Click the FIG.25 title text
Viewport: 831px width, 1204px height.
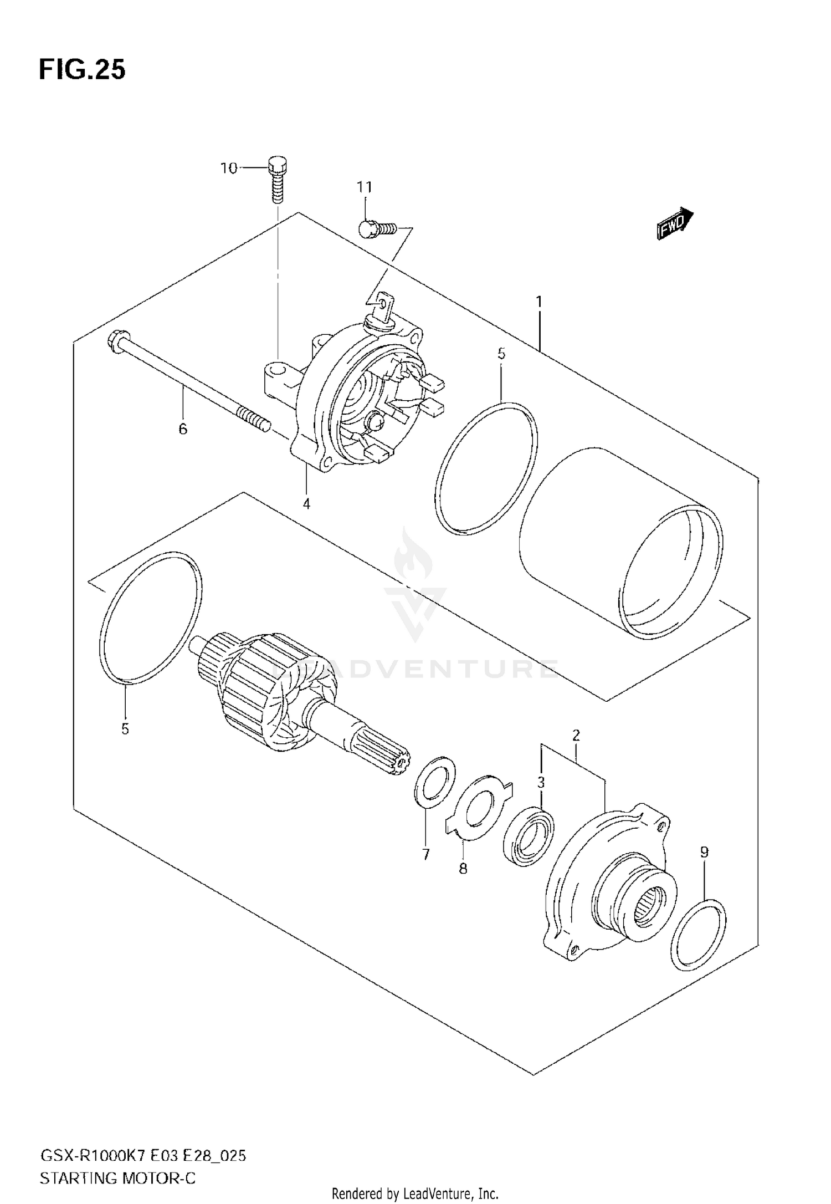click(82, 70)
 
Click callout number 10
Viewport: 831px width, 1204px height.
click(229, 167)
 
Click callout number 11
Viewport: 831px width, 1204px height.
click(365, 187)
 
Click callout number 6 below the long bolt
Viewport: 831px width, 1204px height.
click(183, 428)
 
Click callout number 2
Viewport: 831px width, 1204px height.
click(576, 736)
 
